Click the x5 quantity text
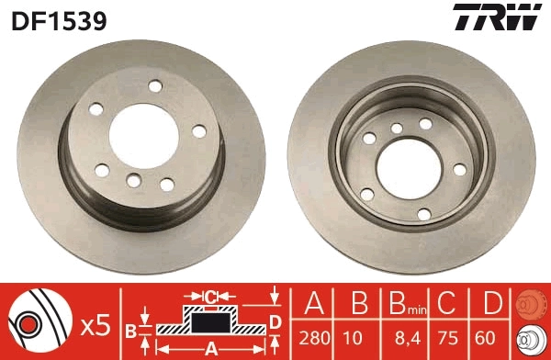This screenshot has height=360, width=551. tap(95, 324)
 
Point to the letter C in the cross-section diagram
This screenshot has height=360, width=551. tap(209, 296)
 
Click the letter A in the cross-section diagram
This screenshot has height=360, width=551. tap(209, 348)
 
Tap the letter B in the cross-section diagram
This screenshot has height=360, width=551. tap(131, 328)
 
